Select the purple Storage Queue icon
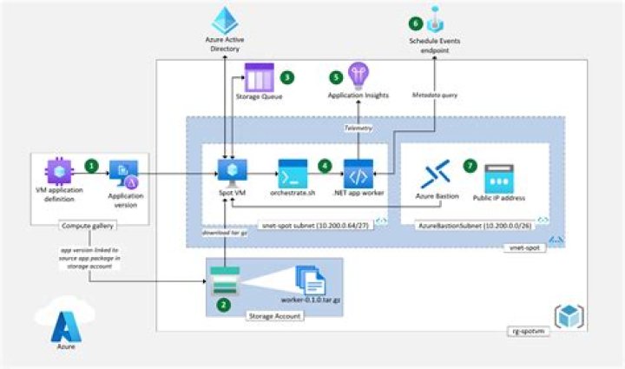click(258, 79)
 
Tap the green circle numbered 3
click(288, 77)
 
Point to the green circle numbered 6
click(416, 23)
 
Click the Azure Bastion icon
click(434, 174)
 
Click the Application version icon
click(122, 175)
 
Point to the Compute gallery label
click(84, 227)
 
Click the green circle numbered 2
click(224, 305)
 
